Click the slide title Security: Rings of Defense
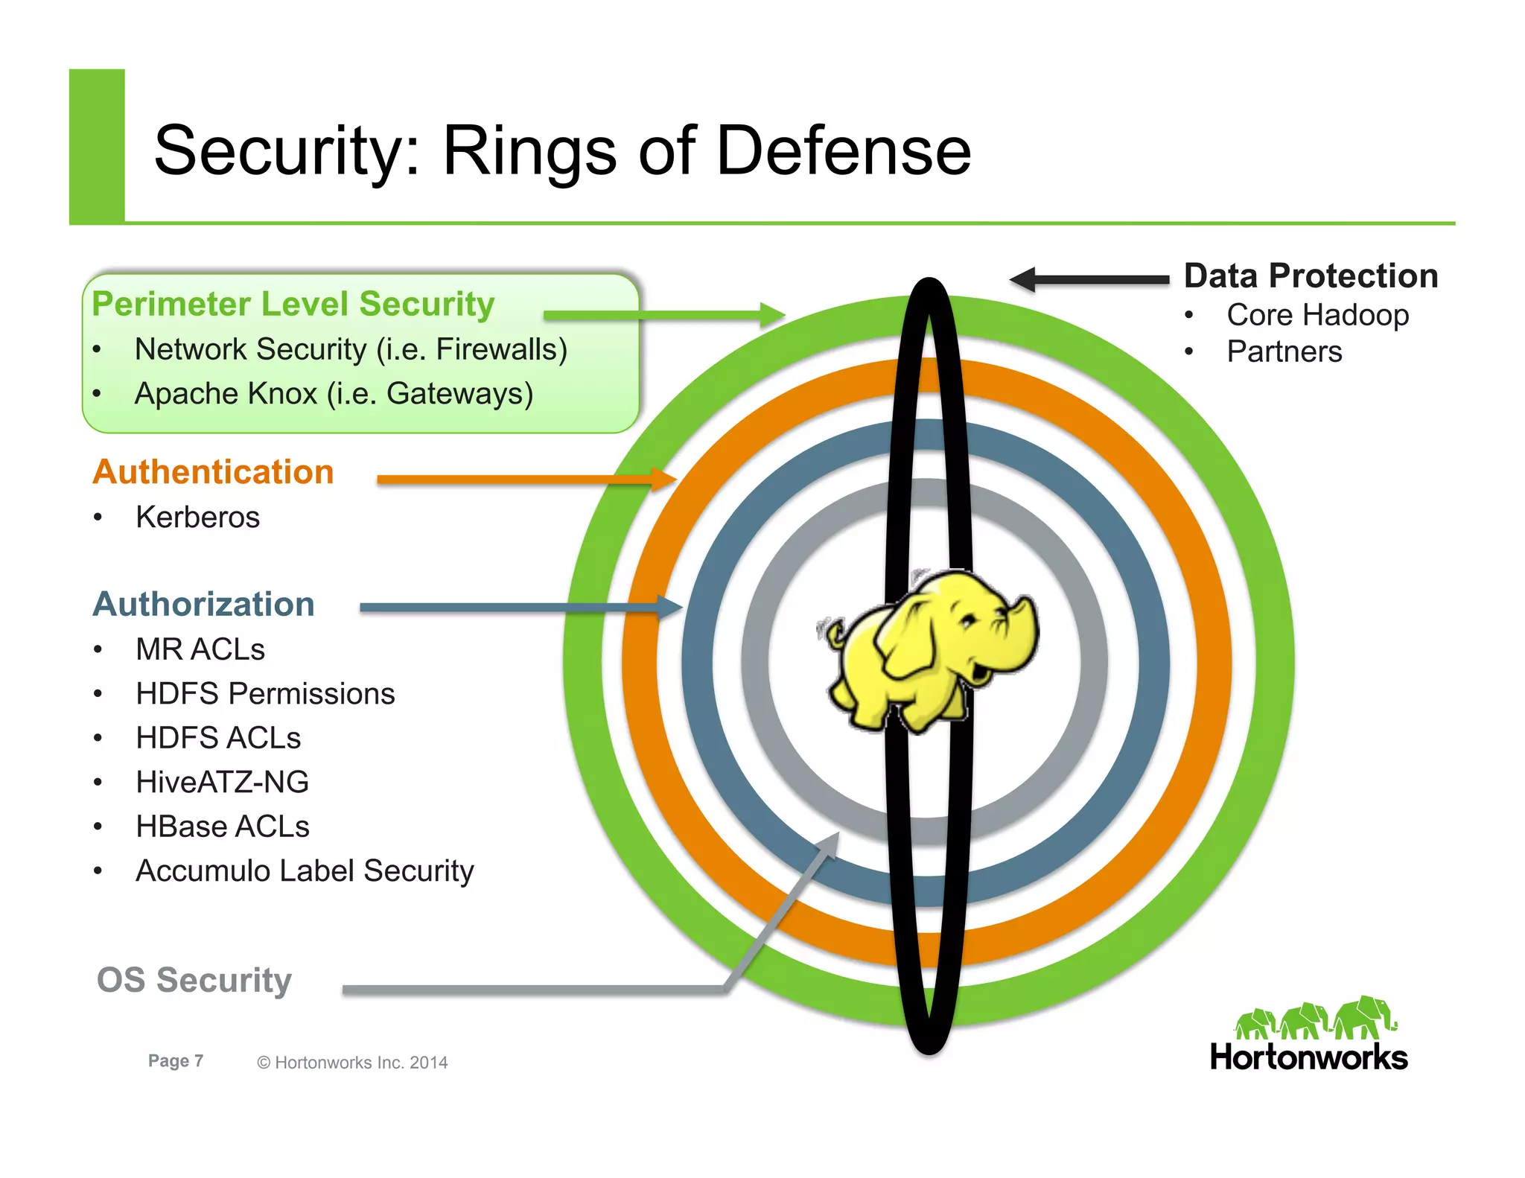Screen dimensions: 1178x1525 [562, 151]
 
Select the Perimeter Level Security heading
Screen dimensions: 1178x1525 [293, 305]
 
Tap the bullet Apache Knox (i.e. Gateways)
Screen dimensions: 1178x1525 [333, 394]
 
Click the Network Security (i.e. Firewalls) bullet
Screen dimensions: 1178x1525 [350, 349]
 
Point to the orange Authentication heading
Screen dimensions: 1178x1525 [213, 472]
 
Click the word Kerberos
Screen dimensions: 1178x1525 [197, 517]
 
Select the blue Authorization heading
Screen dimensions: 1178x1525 [203, 604]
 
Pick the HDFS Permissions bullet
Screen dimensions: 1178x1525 [264, 693]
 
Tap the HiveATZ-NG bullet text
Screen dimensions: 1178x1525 [222, 782]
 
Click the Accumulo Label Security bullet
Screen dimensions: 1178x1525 [304, 870]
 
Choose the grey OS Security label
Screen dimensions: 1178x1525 [194, 980]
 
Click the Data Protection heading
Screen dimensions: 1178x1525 [1311, 276]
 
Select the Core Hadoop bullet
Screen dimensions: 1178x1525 [1317, 315]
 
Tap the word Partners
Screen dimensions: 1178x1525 [1284, 351]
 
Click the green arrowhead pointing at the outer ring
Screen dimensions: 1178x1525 [772, 315]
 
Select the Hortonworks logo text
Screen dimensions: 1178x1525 [1308, 1057]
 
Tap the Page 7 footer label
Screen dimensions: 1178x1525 [176, 1061]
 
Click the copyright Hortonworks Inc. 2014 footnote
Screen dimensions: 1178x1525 [352, 1063]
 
